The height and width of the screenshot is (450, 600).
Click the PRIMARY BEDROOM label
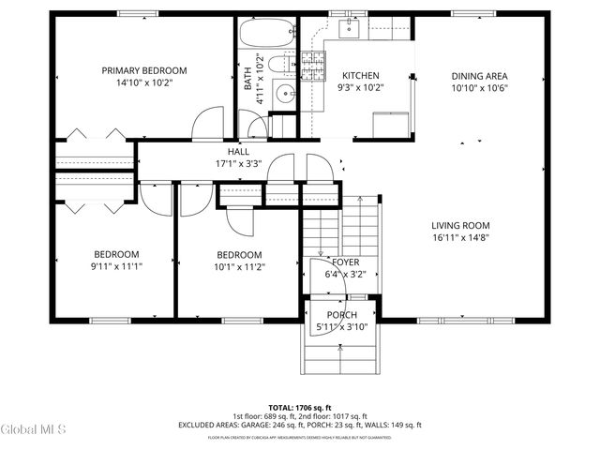(x=144, y=70)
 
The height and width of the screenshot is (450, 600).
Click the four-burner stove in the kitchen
(x=312, y=63)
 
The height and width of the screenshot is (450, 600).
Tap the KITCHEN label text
(x=360, y=76)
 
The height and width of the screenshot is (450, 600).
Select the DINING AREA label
(x=481, y=76)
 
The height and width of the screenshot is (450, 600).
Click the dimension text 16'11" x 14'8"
(x=460, y=239)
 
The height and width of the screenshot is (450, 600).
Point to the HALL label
(x=237, y=152)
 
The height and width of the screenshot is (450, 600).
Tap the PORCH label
(x=341, y=315)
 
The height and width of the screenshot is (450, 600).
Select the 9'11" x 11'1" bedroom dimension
(x=116, y=266)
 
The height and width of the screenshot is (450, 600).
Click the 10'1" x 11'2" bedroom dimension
(x=239, y=266)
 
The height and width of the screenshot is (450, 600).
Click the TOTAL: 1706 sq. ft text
(x=300, y=408)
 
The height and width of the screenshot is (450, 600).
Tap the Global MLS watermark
(x=34, y=430)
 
